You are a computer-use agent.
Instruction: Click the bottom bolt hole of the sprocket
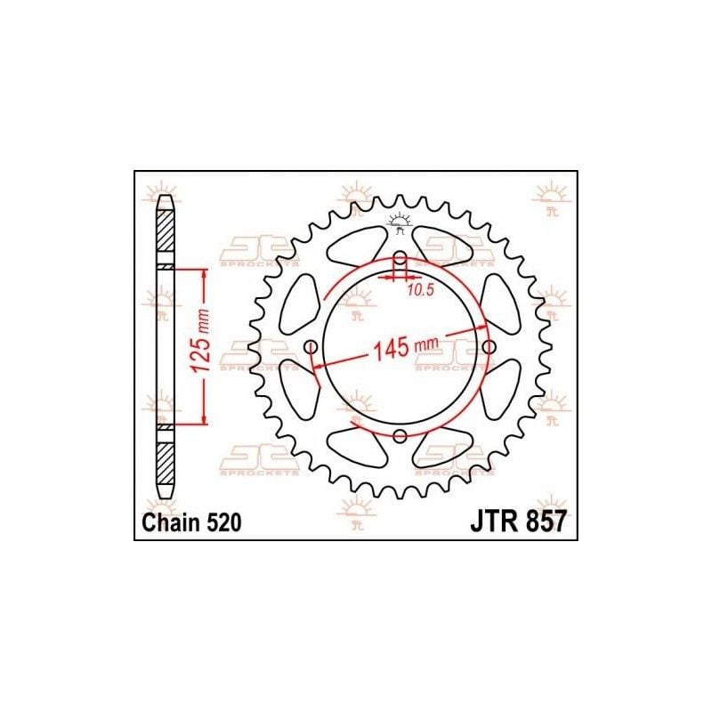click(400, 436)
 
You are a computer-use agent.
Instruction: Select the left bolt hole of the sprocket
click(311, 348)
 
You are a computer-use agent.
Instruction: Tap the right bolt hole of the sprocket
click(489, 347)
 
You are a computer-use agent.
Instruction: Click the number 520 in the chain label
click(223, 522)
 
